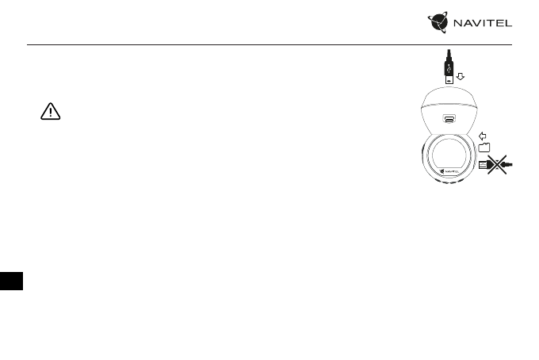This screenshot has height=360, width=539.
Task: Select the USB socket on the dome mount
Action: [x=449, y=121]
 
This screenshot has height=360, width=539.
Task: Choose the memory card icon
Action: [x=484, y=147]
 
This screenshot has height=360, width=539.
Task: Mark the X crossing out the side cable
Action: [x=497, y=164]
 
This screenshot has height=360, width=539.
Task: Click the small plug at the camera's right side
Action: [x=483, y=164]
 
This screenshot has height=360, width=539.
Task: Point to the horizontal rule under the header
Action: [x=269, y=44]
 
